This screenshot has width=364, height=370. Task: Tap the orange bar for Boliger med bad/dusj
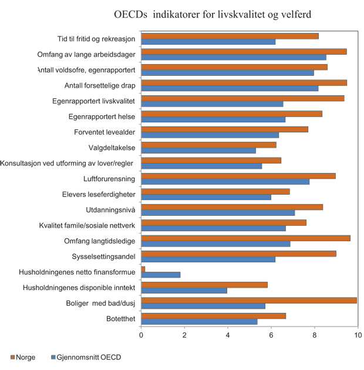click(x=249, y=300)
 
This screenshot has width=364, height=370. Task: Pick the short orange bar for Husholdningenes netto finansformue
click(x=143, y=268)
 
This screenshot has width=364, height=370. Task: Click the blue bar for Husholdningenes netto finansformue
click(x=161, y=275)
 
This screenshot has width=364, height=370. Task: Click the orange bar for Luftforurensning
click(x=238, y=175)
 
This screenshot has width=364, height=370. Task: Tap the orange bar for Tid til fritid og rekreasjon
click(x=230, y=36)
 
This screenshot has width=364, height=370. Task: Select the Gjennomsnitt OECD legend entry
click(x=85, y=356)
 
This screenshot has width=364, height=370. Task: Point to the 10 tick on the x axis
click(x=358, y=335)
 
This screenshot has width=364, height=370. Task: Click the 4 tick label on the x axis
click(x=228, y=335)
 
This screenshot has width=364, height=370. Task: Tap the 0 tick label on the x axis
click(x=141, y=335)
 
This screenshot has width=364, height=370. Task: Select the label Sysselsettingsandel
click(x=103, y=256)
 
